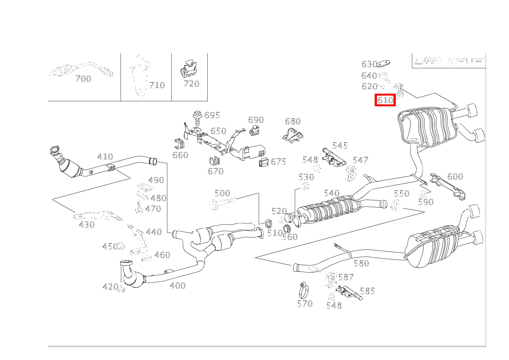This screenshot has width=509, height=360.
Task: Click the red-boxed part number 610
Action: pos(385,100)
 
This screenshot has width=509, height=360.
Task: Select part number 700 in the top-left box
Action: pos(83,79)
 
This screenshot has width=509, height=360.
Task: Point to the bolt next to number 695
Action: pos(197,118)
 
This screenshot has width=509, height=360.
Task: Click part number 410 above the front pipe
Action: pos(105,157)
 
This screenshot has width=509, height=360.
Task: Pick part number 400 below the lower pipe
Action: pos(177,286)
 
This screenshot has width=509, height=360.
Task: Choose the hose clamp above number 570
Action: pos(305,290)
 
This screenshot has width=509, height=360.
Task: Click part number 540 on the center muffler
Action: pos(332,193)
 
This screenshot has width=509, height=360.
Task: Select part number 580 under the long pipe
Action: pos(361,263)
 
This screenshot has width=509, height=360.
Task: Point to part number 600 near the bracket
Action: pos(455,177)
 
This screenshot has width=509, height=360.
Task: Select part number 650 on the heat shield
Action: pos(218,131)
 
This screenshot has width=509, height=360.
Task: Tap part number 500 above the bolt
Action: pos(222,193)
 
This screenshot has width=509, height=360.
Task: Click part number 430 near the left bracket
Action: pos(87,225)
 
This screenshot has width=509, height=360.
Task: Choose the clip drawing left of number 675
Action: pos(264,162)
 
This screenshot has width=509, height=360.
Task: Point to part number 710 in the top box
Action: pos(157,85)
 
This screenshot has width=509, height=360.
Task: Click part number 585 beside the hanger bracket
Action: pos(367,291)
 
